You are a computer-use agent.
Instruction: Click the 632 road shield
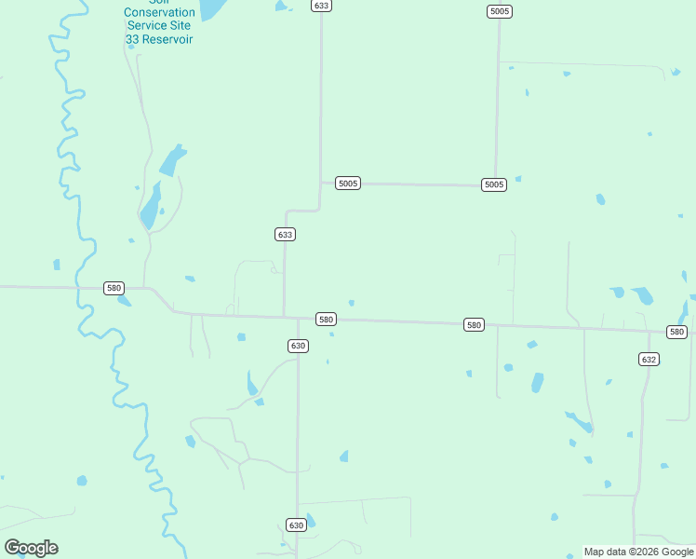[x=649, y=359]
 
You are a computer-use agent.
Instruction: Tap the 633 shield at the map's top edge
[x=321, y=6]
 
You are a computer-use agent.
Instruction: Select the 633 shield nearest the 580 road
[x=285, y=234]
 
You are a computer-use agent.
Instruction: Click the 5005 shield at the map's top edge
[x=499, y=11]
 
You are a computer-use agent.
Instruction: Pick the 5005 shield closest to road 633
[x=348, y=184]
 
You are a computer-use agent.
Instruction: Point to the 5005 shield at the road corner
[x=494, y=184]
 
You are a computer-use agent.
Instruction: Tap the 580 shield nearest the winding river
[x=114, y=288]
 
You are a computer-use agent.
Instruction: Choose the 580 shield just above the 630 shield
[x=326, y=319]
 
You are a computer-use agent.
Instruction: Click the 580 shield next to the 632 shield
[x=676, y=332]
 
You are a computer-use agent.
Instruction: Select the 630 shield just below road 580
[x=298, y=346]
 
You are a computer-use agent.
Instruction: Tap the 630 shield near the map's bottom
[x=295, y=525]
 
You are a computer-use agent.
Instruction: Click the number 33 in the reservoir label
[x=133, y=39]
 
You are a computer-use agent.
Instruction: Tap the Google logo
[x=31, y=548]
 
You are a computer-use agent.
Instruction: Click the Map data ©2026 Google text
[x=638, y=552]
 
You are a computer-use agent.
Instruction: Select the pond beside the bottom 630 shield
[x=311, y=521]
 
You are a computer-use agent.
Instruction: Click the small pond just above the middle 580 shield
[x=351, y=302]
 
